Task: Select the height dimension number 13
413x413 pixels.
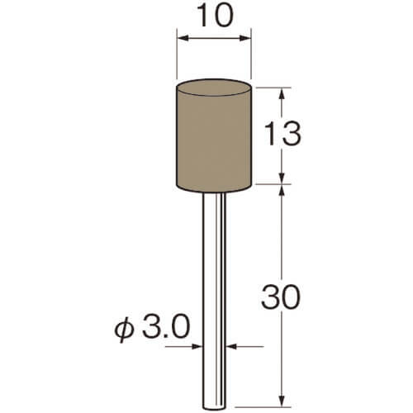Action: pyautogui.click(x=282, y=134)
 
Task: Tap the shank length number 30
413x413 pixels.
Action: pyautogui.click(x=280, y=297)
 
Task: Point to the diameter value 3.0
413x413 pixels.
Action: pyautogui.click(x=166, y=327)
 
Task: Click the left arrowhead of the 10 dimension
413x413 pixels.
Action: pyautogui.click(x=183, y=38)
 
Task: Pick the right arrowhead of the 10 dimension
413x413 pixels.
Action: pyautogui.click(x=244, y=38)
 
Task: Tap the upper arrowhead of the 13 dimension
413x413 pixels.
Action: pyautogui.click(x=282, y=94)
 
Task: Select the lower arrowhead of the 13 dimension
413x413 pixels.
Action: pyautogui.click(x=282, y=178)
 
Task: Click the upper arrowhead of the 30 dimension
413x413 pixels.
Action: pyautogui.click(x=282, y=191)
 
